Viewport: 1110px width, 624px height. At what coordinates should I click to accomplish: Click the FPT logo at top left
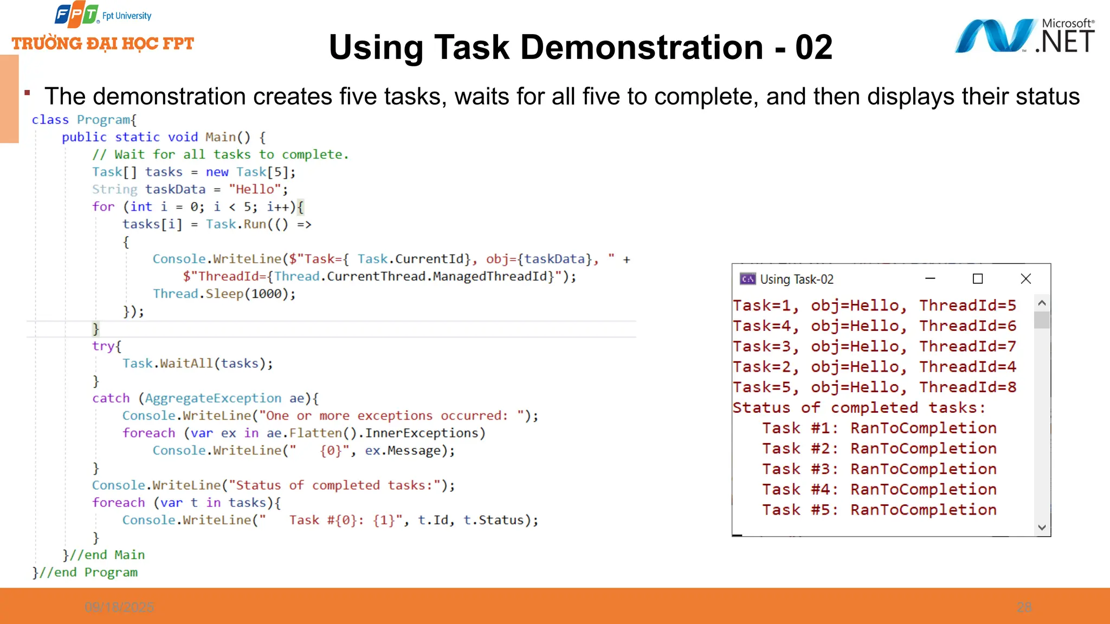76,15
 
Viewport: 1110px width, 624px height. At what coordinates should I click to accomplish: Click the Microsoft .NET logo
1024,36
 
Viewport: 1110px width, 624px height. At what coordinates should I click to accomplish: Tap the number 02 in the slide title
814,48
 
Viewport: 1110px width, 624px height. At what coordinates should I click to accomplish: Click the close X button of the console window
1025,279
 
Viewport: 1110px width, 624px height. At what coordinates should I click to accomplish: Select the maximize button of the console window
978,279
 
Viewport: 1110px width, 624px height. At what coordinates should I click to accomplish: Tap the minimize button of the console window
930,279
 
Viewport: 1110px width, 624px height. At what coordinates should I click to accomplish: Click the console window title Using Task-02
796,279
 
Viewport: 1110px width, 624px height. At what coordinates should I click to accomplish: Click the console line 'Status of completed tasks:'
859,408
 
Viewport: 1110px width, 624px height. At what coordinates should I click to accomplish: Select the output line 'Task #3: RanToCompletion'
879,469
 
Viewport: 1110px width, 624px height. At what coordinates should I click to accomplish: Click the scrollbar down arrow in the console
1042,527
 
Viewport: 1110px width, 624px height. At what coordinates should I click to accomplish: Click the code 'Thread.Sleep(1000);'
224,294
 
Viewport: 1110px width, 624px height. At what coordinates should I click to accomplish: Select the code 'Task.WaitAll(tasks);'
197,363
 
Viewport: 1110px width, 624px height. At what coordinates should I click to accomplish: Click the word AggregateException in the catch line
213,399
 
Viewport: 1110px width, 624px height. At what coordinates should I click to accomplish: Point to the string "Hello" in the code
255,190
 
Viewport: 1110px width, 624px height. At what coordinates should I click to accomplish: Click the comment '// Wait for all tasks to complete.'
220,155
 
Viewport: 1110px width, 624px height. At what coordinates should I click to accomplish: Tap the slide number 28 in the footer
1024,607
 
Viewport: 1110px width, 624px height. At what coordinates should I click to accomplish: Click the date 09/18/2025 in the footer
119,607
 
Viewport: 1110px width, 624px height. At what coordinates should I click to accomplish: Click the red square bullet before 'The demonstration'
27,93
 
